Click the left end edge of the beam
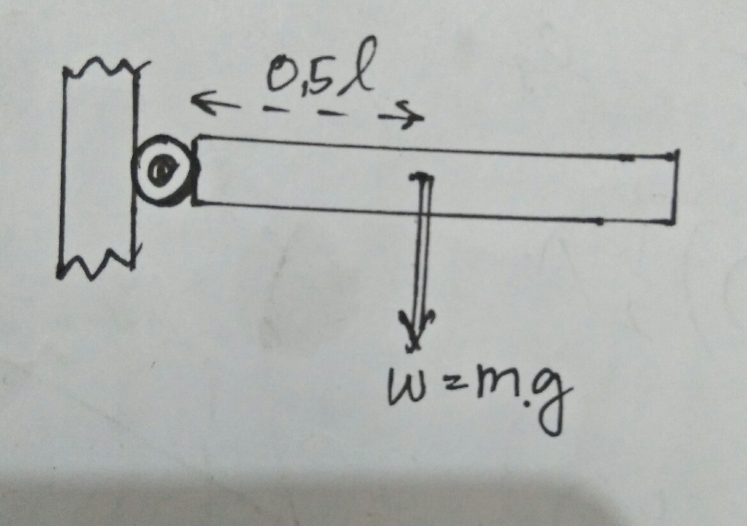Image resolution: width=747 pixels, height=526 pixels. (196, 170)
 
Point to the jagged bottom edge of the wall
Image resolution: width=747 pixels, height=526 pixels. (96, 262)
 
